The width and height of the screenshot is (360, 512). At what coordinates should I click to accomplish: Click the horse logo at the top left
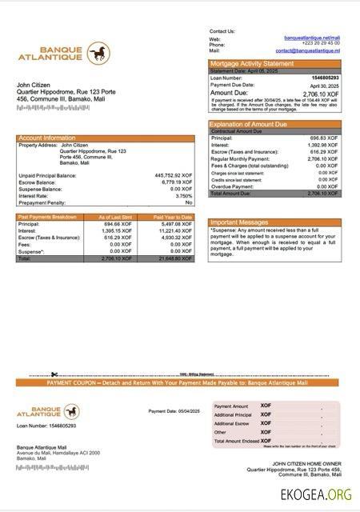click(x=98, y=54)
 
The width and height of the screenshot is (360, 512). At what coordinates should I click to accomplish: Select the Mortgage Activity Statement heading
click(x=252, y=63)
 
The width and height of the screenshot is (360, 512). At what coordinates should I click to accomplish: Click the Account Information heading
click(x=47, y=138)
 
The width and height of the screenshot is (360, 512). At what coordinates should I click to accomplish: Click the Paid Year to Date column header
click(x=173, y=217)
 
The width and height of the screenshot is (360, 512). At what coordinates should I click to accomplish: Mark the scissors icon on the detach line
click(x=54, y=374)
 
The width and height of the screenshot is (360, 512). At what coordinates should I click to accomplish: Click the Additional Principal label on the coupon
click(x=233, y=414)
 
